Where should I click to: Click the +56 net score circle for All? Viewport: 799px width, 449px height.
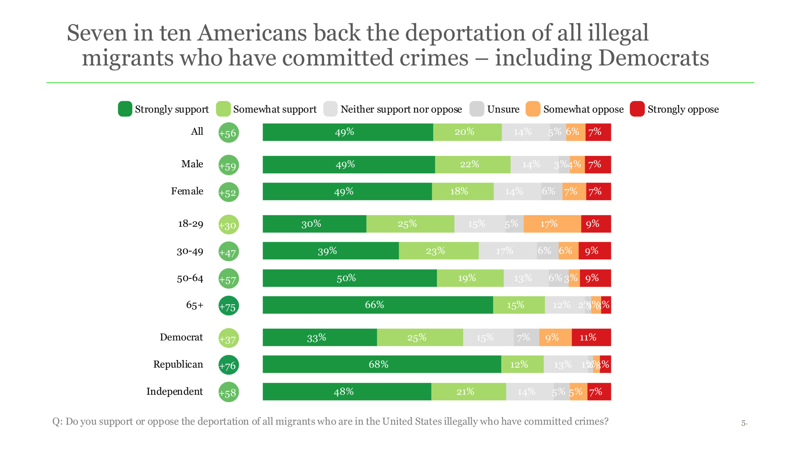coord(228,133)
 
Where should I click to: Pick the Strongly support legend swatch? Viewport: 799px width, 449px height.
coord(125,109)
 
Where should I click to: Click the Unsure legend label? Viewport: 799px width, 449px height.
coord(503,109)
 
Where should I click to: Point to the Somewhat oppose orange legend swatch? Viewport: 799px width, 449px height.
coord(533,109)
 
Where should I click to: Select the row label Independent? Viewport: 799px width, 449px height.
coord(174,391)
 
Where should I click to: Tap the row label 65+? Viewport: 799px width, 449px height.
coord(194,305)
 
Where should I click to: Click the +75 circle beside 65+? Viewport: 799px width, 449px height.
coord(228,306)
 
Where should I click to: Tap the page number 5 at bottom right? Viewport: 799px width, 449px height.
coord(743,423)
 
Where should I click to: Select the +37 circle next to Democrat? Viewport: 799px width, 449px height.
coord(228,338)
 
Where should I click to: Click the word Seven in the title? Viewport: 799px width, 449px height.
coord(97,33)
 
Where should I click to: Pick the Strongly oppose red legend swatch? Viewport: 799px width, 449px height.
coord(637,109)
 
